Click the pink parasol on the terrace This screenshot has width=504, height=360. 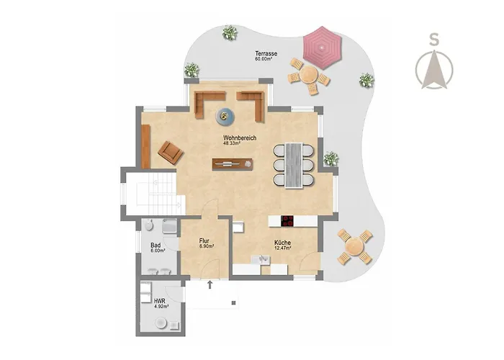point(322,48)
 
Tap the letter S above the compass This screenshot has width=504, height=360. point(434,40)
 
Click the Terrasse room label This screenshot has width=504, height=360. point(266,54)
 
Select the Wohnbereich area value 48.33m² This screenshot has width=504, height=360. point(232,144)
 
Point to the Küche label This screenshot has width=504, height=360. point(282,243)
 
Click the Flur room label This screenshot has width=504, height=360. point(204,240)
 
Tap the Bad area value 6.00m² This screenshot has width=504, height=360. point(158,251)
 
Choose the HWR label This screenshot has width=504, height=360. point(159,301)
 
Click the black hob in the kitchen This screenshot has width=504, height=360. point(287,221)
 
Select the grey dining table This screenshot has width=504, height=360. point(294,165)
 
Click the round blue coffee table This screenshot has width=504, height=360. point(225,117)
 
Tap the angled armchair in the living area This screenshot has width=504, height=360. point(171,153)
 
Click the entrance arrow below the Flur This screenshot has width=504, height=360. point(210,284)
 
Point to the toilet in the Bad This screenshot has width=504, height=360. point(148,225)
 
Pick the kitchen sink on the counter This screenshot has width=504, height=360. point(261,259)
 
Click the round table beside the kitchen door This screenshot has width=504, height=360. point(355,247)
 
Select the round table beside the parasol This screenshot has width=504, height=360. point(309,75)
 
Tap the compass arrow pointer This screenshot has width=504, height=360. point(434,69)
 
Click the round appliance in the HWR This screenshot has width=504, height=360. point(161,323)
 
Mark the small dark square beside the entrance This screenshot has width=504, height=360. point(234,303)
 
